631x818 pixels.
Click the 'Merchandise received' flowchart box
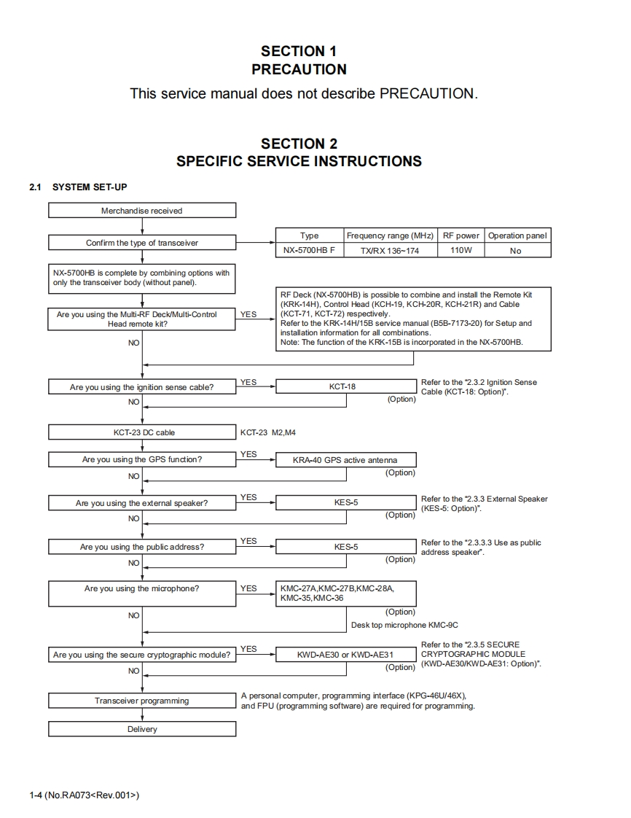pyautogui.click(x=142, y=211)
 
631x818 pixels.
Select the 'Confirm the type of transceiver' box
pyautogui.click(x=142, y=243)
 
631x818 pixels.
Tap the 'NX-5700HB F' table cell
pyautogui.click(x=309, y=251)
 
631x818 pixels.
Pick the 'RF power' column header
pyautogui.click(x=461, y=235)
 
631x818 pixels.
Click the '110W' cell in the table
pyautogui.click(x=461, y=251)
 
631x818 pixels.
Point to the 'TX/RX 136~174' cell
pyautogui.click(x=390, y=251)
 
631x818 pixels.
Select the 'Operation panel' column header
pyautogui.click(x=517, y=235)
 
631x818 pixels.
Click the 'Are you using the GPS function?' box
pyautogui.click(x=142, y=460)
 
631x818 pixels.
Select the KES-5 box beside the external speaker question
pyautogui.click(x=346, y=503)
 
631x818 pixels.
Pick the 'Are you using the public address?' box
pyautogui.click(x=142, y=547)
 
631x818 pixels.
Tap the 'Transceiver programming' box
pyautogui.click(x=142, y=701)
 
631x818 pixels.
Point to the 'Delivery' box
pyautogui.click(x=142, y=729)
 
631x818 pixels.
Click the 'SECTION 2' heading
pyautogui.click(x=299, y=144)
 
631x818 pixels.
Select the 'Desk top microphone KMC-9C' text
pyautogui.click(x=404, y=625)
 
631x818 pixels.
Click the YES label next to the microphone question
pyautogui.click(x=248, y=588)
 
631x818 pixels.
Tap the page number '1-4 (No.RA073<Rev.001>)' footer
pyautogui.click(x=84, y=795)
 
